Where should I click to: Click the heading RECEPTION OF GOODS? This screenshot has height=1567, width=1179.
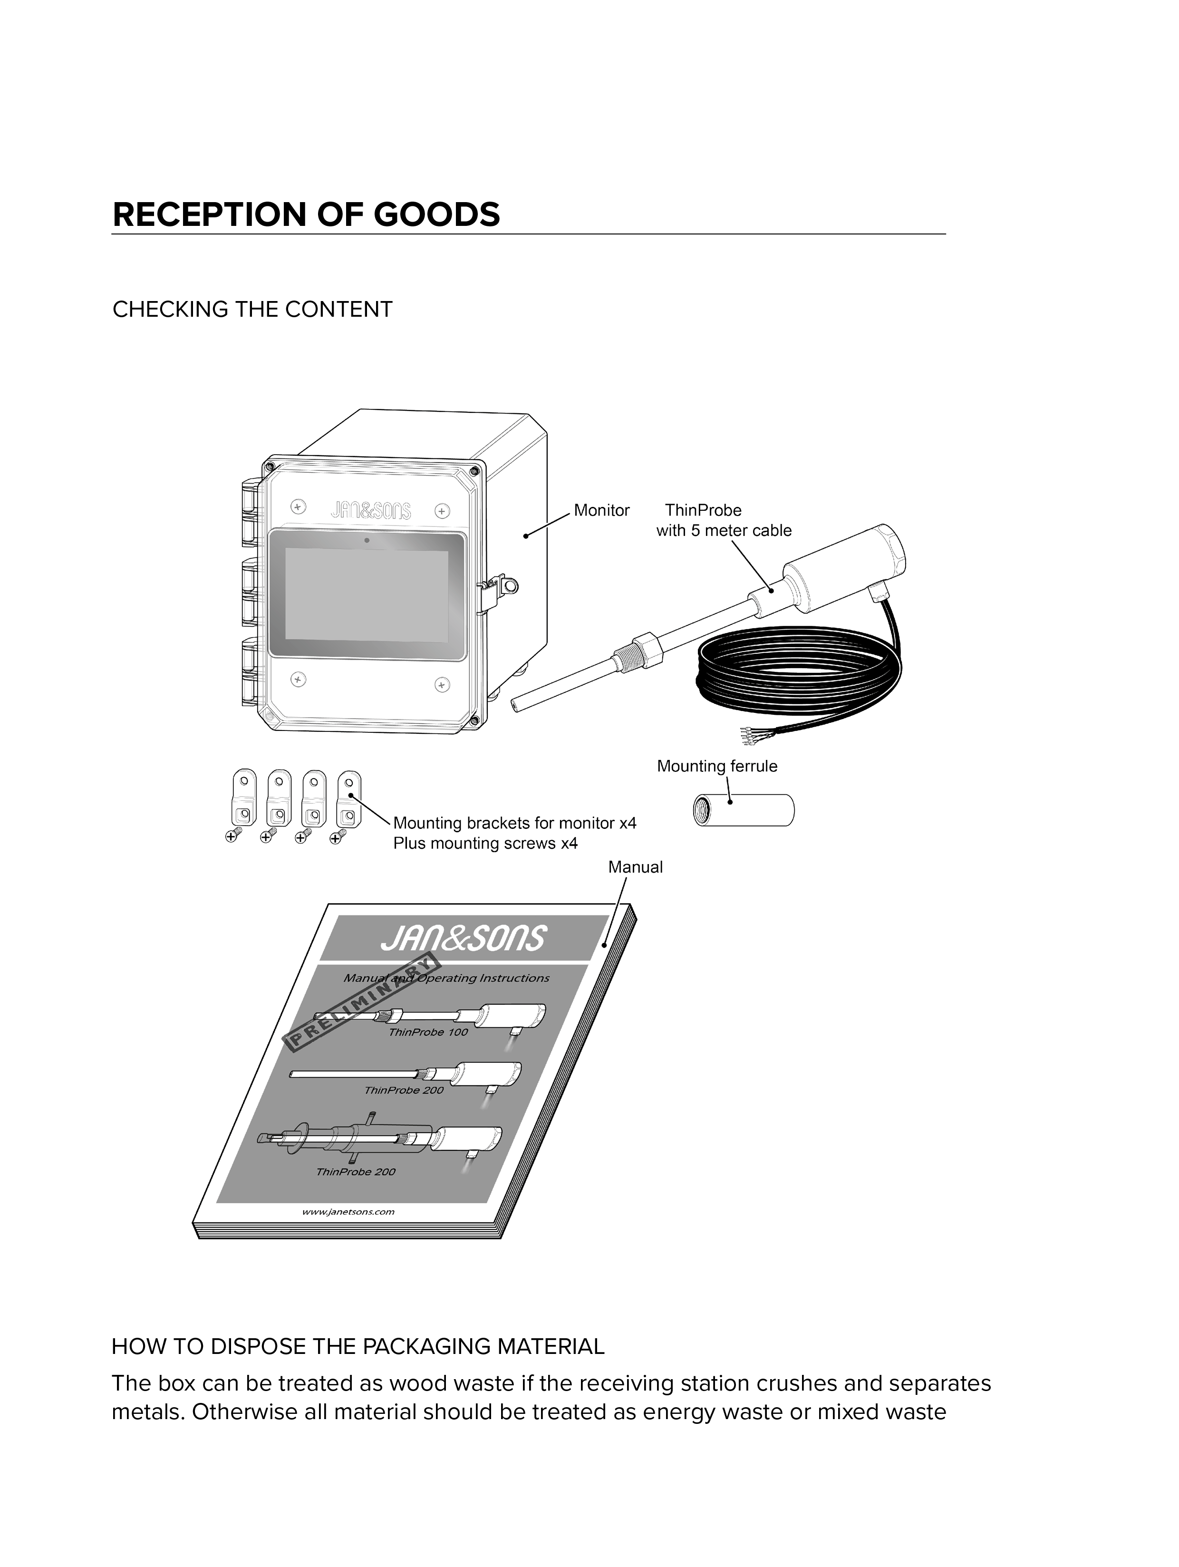point(306,214)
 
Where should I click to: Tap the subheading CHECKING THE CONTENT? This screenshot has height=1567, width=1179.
point(252,310)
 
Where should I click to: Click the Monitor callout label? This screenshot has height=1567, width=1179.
point(601,510)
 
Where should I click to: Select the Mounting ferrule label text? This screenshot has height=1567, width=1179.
point(716,766)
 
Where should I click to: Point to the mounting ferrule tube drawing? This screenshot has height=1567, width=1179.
point(744,810)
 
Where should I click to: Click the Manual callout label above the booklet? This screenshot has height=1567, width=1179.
point(635,867)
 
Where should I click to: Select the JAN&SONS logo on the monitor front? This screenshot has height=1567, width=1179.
point(370,510)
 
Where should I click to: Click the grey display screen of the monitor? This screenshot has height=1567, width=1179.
point(367,595)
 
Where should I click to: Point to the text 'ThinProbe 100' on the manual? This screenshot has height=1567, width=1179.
point(428,1032)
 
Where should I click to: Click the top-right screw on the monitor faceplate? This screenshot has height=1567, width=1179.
point(441,511)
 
